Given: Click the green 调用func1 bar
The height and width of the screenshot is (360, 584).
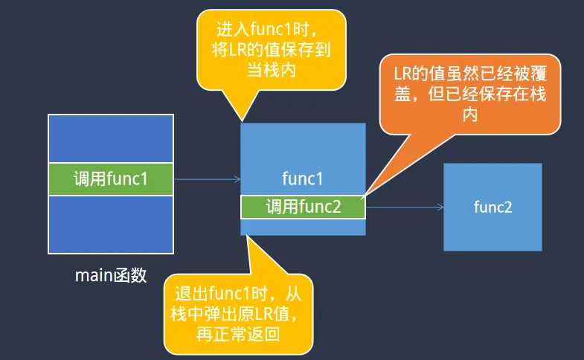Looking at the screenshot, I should point(110,179).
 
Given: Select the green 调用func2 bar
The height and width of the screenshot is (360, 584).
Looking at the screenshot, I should point(303,207).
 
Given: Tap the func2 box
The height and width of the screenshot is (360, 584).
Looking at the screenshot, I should point(492,207).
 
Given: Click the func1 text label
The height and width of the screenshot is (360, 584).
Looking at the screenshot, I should point(303,179).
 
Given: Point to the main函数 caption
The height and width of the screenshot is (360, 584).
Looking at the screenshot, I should point(111,276).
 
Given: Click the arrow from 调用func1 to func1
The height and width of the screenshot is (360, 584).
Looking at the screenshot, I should point(207,179).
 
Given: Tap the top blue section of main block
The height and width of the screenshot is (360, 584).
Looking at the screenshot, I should point(110,138).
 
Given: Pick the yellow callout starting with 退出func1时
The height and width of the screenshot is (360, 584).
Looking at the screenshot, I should point(238,312).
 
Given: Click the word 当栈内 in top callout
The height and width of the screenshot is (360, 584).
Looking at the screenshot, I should point(271,71).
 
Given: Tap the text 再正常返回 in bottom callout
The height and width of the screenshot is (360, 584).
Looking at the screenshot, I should point(238,335).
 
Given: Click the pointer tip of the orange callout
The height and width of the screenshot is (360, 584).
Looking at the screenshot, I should point(365,195).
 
